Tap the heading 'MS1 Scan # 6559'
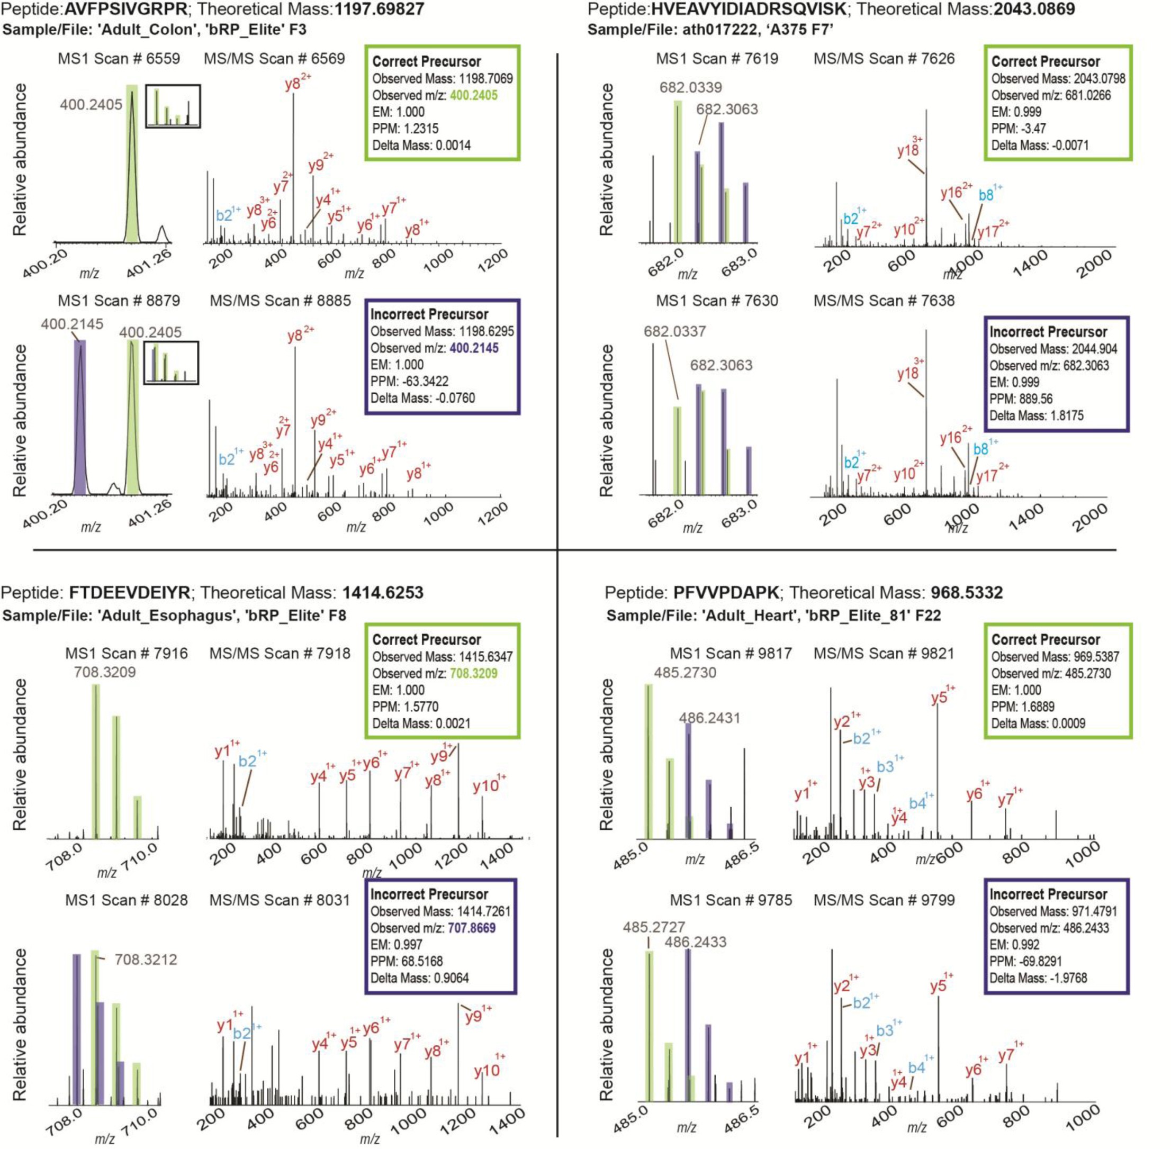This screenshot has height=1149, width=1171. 119,59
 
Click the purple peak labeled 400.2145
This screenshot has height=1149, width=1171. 80,417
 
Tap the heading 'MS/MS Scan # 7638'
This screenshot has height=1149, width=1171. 884,301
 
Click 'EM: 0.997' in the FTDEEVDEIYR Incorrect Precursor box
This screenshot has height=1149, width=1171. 397,944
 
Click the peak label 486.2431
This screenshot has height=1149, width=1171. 709,718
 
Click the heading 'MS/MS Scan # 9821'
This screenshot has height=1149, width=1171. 884,653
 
